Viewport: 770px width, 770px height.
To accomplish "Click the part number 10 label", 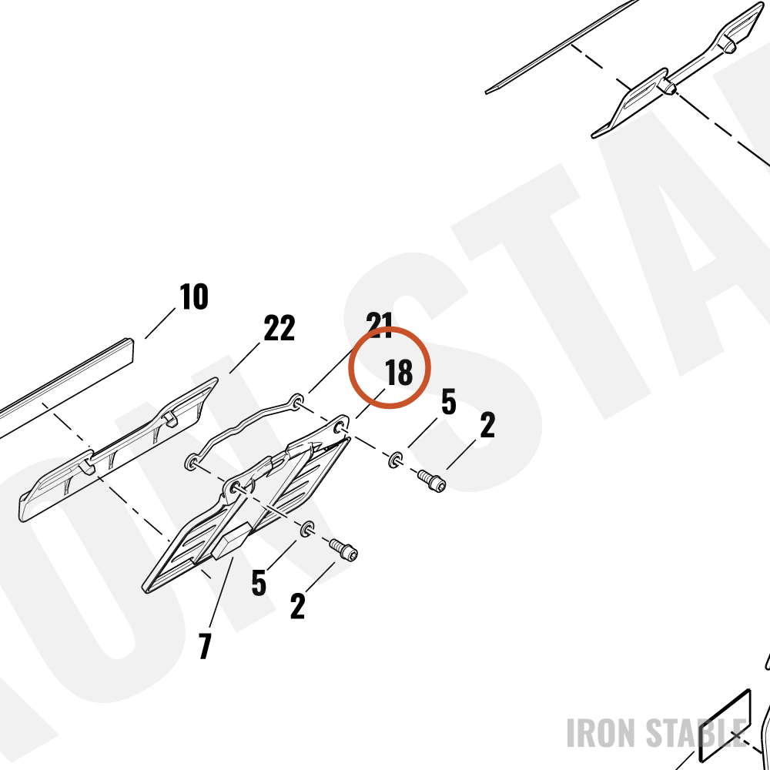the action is [x=193, y=296].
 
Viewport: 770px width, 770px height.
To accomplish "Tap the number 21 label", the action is [x=380, y=325].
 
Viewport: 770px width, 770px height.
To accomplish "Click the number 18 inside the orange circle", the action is [x=398, y=372].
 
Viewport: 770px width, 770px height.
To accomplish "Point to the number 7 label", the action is [x=205, y=646].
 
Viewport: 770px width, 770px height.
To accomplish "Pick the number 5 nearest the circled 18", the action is [x=448, y=401].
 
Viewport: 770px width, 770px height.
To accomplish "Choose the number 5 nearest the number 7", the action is [x=259, y=582].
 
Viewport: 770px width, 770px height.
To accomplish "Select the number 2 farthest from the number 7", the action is [x=487, y=425].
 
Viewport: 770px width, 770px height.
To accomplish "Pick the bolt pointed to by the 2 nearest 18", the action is [x=432, y=480].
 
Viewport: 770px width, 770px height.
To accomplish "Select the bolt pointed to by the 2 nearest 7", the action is [x=343, y=550].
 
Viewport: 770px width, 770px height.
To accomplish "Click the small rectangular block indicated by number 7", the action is [x=231, y=541].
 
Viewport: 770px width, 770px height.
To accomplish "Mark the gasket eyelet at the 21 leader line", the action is [x=297, y=403].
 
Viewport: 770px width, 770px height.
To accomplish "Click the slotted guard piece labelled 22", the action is [x=118, y=450].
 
